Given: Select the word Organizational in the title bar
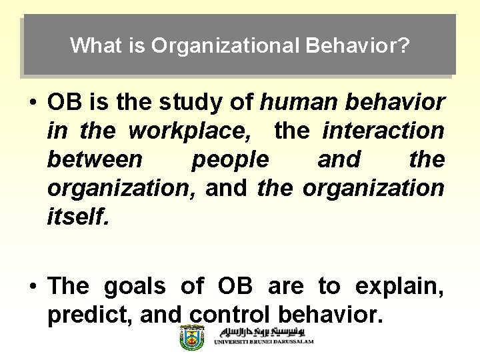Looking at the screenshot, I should tap(225, 45).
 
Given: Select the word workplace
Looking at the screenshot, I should tap(189, 131).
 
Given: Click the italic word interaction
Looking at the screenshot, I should tap(383, 131).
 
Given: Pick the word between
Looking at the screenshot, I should tap(94, 160).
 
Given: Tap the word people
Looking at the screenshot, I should tap(230, 160).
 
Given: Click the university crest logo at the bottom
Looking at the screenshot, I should tap(192, 338).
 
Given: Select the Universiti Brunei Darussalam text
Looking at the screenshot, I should tap(263, 342).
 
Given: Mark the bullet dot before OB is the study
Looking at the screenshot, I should tap(32, 103).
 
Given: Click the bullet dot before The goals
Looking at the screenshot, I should tap(32, 287).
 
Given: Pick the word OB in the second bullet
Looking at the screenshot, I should tap(235, 286).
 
